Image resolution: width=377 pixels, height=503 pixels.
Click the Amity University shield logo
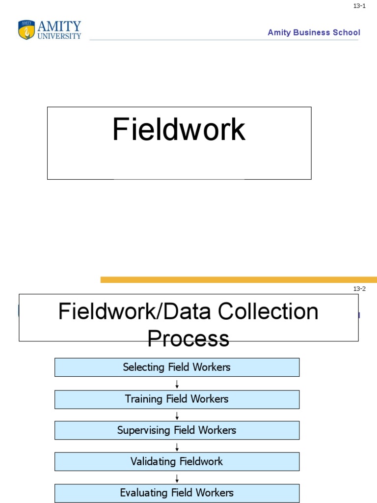pos(27,30)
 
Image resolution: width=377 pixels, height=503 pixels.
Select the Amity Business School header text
pos(314,32)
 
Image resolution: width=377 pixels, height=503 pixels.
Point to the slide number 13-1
pos(359,6)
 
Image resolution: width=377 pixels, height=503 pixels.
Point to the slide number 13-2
pos(359,289)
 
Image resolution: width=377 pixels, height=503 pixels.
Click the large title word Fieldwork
pos(179,130)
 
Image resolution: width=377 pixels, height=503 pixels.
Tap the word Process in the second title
pos(188,338)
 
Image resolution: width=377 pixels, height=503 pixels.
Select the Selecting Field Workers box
pos(177,367)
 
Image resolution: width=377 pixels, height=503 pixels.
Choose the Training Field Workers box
pos(177,399)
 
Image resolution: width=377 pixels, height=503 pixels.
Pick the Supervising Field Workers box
pos(177,430)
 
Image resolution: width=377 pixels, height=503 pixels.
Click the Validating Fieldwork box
pos(177,462)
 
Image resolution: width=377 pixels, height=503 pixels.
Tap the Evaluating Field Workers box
pos(177,493)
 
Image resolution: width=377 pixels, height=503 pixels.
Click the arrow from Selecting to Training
pos(177,384)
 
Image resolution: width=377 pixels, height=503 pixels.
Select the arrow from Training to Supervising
pos(177,415)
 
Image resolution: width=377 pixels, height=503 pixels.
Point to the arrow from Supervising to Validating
pos(177,447)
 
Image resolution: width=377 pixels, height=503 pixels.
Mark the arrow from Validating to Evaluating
pos(177,478)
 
